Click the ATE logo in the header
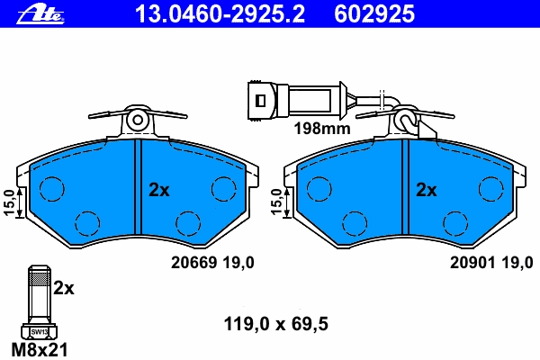click(x=40, y=14)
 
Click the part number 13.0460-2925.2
click(x=220, y=14)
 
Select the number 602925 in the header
click(x=374, y=14)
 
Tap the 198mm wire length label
click(x=322, y=129)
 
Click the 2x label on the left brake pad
click(x=158, y=190)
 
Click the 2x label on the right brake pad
click(x=427, y=190)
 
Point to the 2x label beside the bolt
click(x=64, y=288)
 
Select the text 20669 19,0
click(x=212, y=263)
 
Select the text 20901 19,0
click(x=491, y=263)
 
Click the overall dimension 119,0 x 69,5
click(x=276, y=324)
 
